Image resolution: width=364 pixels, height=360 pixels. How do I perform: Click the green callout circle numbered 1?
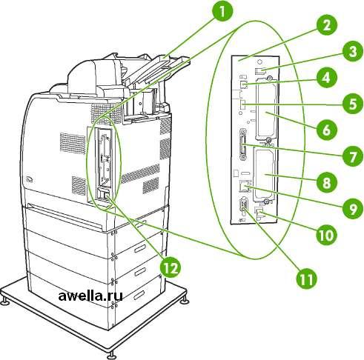coord(222,12)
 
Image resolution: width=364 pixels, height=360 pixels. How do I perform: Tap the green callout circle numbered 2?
coord(327,25)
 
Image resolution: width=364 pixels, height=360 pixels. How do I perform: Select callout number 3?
coord(353,52)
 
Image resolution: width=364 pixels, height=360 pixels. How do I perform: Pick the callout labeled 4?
coord(327,78)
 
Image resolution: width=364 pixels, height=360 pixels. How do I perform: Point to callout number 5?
coord(353,104)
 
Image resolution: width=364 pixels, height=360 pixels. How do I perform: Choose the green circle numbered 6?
coord(327,130)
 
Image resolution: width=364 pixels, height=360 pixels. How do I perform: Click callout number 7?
coord(353,156)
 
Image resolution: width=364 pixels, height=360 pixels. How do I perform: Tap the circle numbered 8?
coord(327,183)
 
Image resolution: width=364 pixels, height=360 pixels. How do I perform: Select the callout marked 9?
coord(353,209)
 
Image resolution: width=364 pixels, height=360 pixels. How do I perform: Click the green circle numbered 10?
coord(327,235)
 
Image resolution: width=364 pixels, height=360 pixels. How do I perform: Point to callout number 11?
coord(307,279)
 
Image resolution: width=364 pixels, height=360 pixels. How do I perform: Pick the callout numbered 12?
coord(171,267)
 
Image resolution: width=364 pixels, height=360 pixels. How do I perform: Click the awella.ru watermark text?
coord(90,296)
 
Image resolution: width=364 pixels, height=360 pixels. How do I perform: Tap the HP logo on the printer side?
coord(29,179)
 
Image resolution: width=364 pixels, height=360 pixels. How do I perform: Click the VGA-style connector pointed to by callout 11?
coord(242,204)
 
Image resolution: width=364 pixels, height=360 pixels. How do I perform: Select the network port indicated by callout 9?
coord(244,186)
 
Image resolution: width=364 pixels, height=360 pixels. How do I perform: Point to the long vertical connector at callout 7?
coord(242,145)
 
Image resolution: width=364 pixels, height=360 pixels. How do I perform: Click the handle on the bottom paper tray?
coord(139,295)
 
